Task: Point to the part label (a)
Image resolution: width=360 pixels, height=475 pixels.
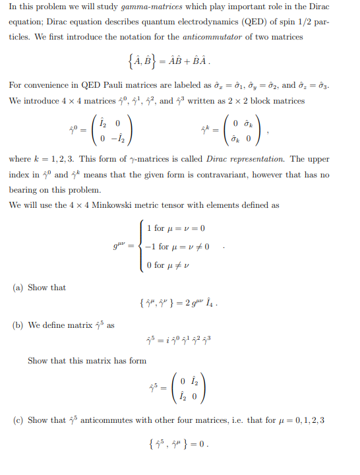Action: coord(18,288)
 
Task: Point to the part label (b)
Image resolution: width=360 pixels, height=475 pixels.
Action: coord(18,325)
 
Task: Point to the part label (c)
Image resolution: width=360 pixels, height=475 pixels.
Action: coord(18,420)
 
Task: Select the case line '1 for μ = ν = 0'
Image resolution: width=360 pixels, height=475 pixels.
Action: coord(175,228)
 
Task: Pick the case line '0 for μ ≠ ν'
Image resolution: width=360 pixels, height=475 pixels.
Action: coord(169,265)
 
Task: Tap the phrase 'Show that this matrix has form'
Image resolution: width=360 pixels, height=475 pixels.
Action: coord(87,361)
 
